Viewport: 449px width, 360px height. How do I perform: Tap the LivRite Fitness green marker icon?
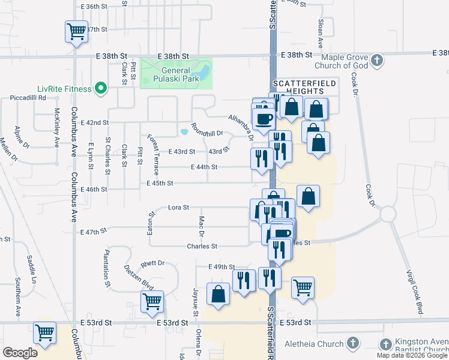pyautogui.click(x=101, y=89)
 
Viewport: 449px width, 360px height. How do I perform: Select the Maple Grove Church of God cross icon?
pyautogui.click(x=376, y=61)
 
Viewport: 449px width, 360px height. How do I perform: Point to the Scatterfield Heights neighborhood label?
pyautogui.click(x=298, y=86)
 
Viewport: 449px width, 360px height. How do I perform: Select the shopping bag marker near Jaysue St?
pyautogui.click(x=218, y=294)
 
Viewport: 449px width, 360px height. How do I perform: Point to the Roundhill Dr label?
pyautogui.click(x=206, y=130)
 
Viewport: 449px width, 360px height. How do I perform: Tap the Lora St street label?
pyautogui.click(x=178, y=208)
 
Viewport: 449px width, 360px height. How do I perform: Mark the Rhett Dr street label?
pyautogui.click(x=152, y=263)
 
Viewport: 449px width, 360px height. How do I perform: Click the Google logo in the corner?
pyautogui.click(x=20, y=353)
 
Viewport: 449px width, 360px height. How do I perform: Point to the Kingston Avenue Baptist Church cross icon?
pyautogui.click(x=385, y=344)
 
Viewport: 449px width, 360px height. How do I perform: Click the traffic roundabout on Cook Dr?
pyautogui.click(x=387, y=213)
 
